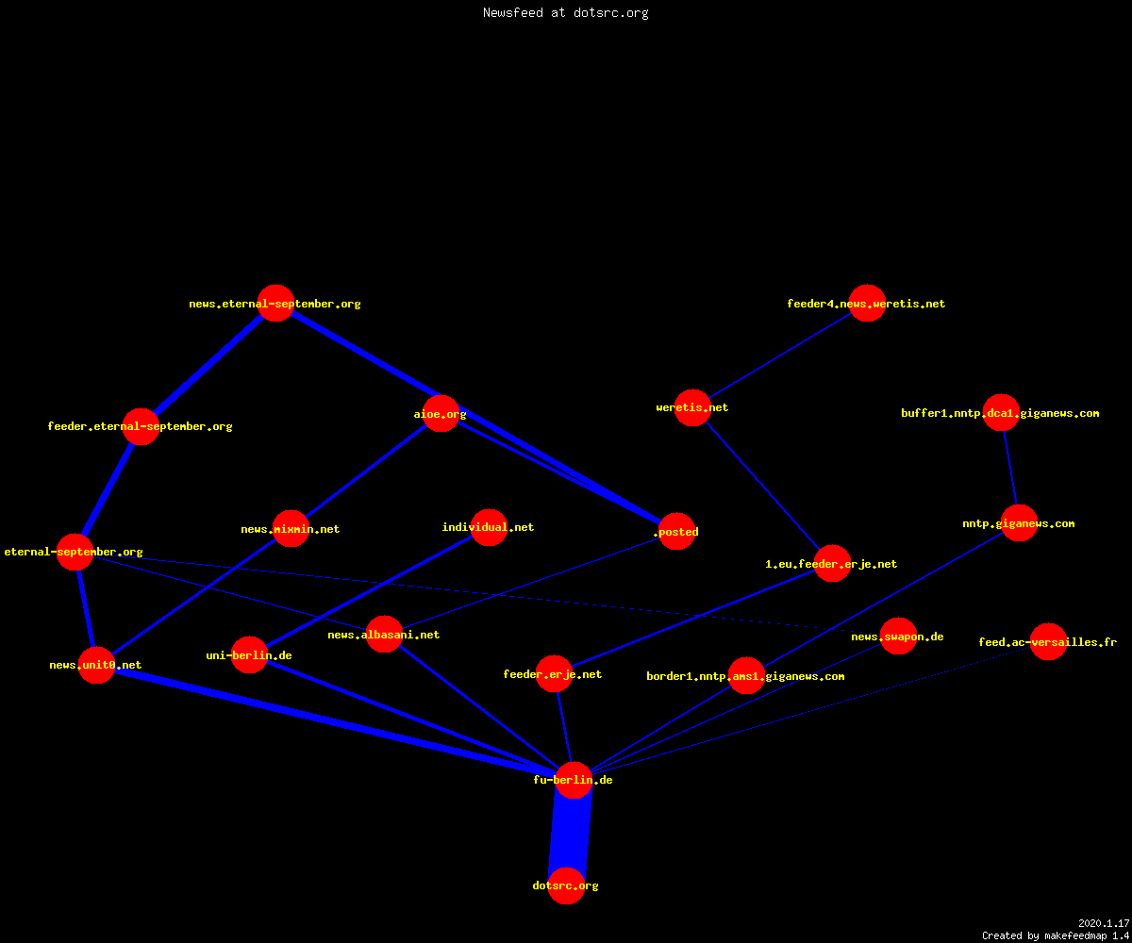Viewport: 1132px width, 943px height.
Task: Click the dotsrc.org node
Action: [566, 885]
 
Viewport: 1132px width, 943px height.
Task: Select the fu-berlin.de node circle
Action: [574, 780]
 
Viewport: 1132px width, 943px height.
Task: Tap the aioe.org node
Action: [441, 414]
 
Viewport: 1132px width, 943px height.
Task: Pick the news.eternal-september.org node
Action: [276, 303]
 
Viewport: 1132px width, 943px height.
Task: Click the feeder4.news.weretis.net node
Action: [867, 303]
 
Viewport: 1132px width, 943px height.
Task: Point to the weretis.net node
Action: [692, 407]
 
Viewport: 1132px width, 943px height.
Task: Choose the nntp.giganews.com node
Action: [1019, 523]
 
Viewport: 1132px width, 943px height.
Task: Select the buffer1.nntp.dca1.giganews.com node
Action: [1001, 412]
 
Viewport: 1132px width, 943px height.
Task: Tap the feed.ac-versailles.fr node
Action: [1048, 641]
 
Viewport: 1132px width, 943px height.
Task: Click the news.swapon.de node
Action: [898, 636]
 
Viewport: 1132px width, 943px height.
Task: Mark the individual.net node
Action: [489, 527]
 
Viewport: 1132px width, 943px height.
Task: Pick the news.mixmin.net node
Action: [291, 528]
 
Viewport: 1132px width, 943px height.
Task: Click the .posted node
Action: [676, 531]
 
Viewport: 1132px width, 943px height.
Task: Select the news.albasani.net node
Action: [384, 634]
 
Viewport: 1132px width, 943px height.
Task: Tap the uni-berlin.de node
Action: [249, 654]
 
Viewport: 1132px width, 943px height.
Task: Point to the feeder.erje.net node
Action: [554, 673]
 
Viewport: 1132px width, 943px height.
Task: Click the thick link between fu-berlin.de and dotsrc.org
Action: [570, 833]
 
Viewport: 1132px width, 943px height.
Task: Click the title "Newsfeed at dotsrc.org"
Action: [565, 12]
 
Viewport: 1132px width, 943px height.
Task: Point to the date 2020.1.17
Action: [1104, 923]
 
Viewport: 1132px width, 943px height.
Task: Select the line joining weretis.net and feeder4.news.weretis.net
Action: [779, 356]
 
